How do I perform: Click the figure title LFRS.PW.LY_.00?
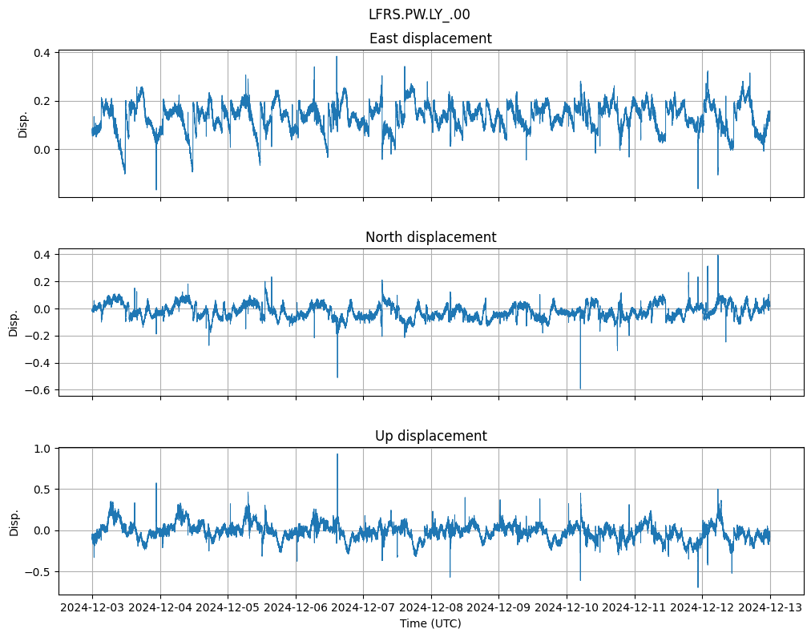[419, 14]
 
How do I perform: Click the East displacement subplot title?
[430, 38]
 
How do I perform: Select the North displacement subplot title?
[430, 237]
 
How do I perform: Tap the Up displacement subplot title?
[430, 436]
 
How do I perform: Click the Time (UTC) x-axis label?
[430, 623]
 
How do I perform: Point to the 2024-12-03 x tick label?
[92, 608]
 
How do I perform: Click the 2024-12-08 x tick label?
[431, 608]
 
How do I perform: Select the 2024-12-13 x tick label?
[770, 608]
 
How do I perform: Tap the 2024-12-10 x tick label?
[567, 608]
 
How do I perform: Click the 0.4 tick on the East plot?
[42, 53]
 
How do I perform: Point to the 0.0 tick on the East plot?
[42, 150]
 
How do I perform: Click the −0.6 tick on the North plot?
[38, 390]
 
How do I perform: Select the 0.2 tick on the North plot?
[42, 282]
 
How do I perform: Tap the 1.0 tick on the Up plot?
[42, 449]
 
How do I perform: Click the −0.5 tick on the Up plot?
[38, 572]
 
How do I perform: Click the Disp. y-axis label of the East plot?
[23, 124]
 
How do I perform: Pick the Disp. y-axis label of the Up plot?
[14, 522]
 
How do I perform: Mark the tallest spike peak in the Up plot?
[337, 454]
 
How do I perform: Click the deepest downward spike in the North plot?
[580, 389]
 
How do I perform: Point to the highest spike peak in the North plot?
[718, 256]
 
